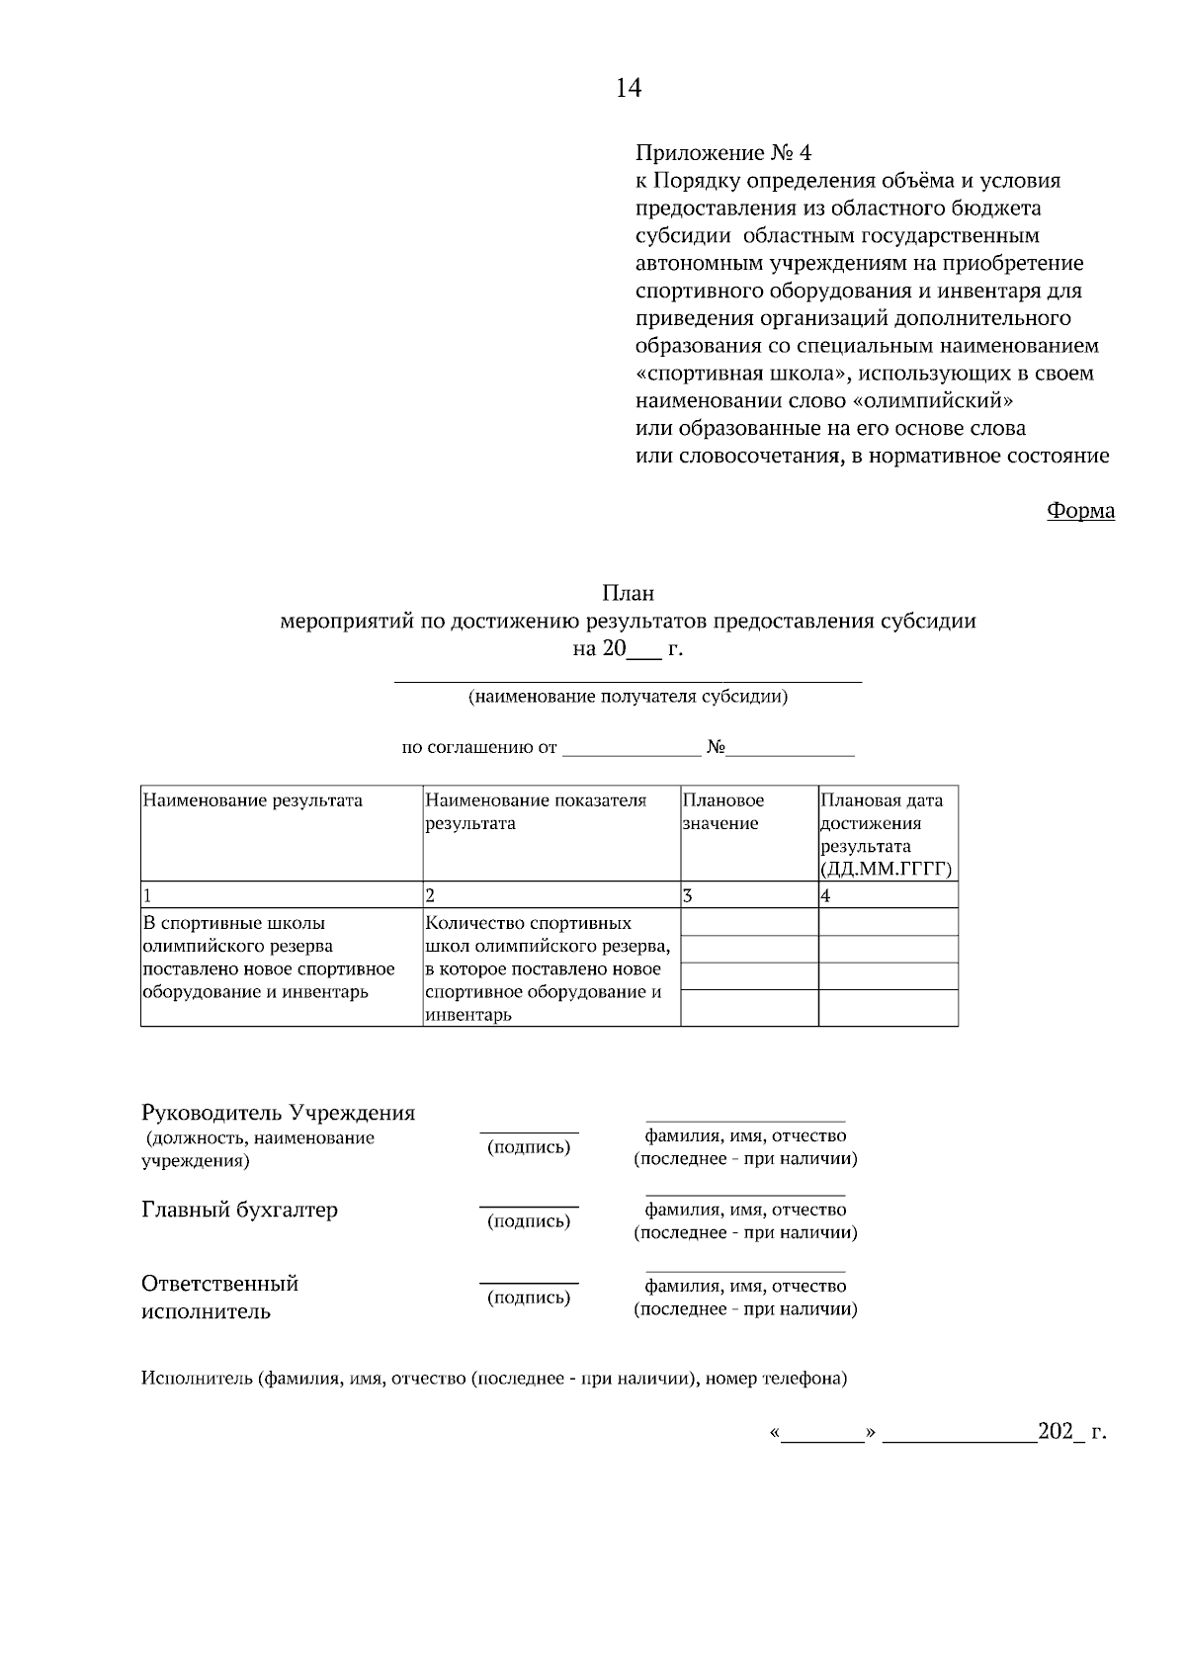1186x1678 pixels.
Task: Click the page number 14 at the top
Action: coord(629,89)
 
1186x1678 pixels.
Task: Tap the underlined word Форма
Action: coord(1080,511)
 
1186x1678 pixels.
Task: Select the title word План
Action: coord(629,594)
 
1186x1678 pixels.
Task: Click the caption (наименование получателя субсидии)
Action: coord(629,697)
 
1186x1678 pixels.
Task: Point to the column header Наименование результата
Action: coord(253,800)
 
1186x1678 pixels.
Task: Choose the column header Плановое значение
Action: coord(723,812)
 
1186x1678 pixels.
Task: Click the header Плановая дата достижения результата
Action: coord(886,834)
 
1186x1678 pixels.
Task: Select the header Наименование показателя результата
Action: coord(536,812)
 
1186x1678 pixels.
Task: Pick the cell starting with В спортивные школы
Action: coord(269,958)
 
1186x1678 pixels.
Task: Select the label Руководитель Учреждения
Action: coord(279,1113)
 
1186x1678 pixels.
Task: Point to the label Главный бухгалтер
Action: coord(240,1210)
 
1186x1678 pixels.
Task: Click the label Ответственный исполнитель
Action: coord(220,1298)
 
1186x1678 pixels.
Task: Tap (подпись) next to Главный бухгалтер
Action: coord(529,1221)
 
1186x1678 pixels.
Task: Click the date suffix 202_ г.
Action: coord(1071,1432)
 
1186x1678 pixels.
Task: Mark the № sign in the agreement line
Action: coord(717,748)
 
